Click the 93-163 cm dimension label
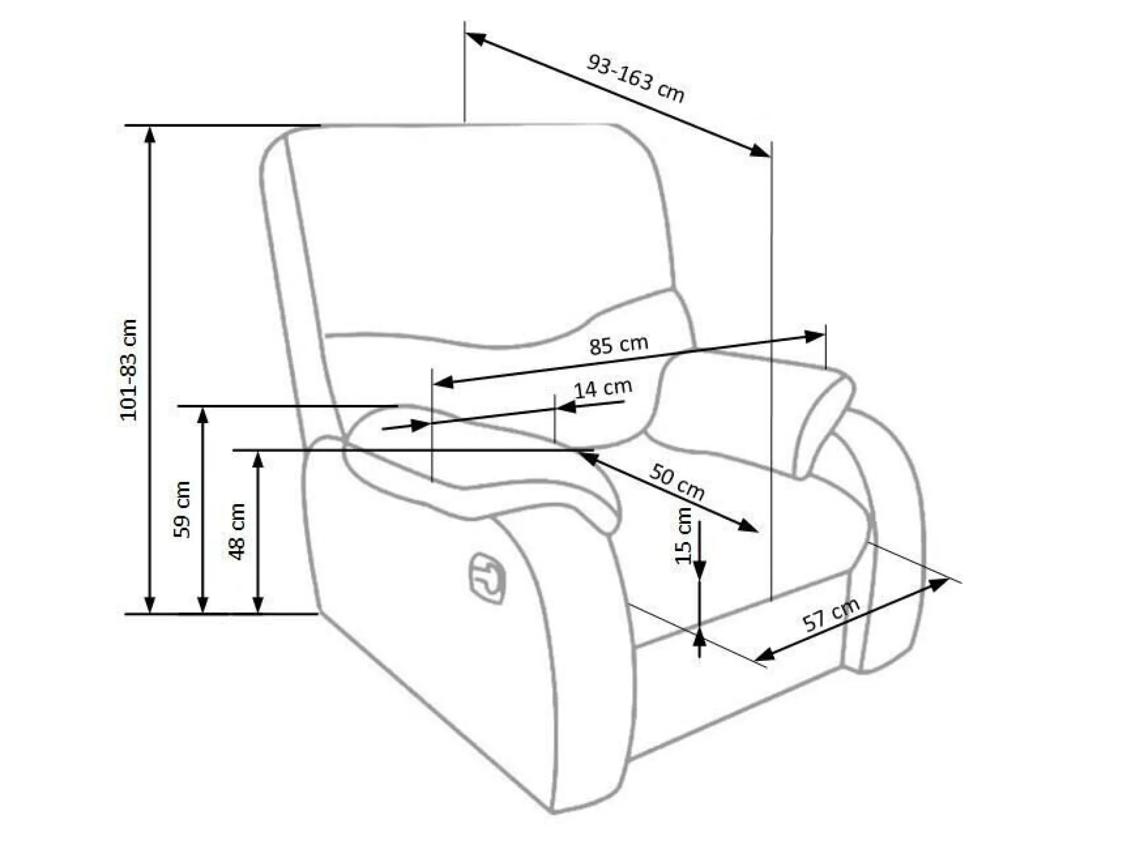coord(636,78)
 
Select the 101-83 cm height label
coord(128,370)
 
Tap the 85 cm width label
coord(618,344)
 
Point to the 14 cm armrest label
coord(602,387)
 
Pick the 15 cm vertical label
coord(684,535)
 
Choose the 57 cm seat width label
coord(831,614)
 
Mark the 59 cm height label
coord(182,510)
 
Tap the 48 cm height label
coord(237,532)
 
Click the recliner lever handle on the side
coord(487,578)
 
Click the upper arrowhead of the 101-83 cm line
coord(150,135)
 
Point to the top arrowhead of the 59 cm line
coord(203,416)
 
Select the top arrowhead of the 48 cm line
coord(259,460)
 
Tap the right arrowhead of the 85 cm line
coord(814,336)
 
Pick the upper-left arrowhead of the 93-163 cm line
coord(475,38)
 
